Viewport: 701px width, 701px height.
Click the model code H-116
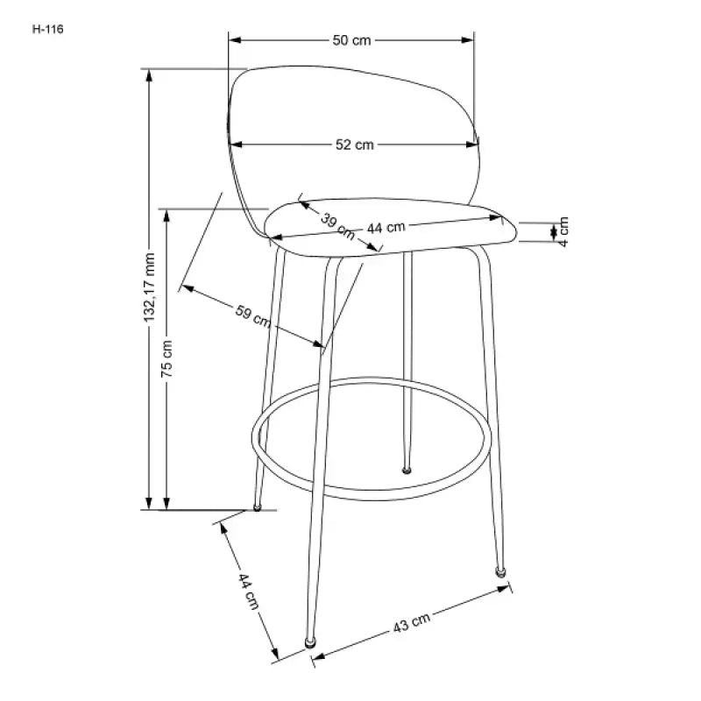[x=49, y=28]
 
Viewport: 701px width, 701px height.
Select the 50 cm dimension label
[x=351, y=40]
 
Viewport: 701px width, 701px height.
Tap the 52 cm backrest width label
[x=354, y=145]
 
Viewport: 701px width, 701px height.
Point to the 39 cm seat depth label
[x=337, y=226]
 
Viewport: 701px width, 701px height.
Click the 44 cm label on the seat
[x=386, y=228]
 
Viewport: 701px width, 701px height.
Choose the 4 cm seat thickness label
[x=563, y=230]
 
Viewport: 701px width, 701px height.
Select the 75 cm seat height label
[x=167, y=358]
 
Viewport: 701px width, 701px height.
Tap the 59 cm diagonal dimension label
[x=253, y=314]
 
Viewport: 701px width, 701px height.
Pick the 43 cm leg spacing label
[x=411, y=623]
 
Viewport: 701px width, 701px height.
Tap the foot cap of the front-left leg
[x=309, y=642]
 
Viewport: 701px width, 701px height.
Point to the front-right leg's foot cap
[x=500, y=570]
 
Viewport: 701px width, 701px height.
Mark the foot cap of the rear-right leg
[x=406, y=471]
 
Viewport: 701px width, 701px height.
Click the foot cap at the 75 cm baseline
[x=257, y=506]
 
